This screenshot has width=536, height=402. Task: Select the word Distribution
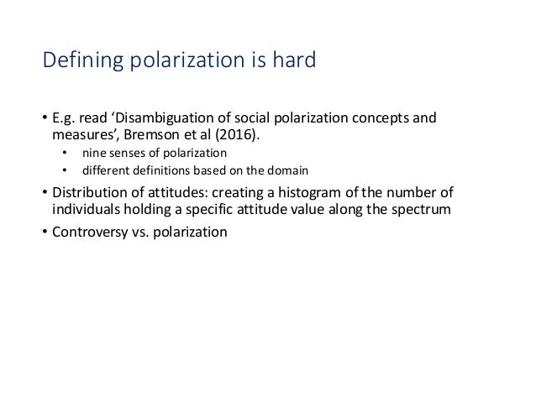85,192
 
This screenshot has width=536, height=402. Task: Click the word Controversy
88,231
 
